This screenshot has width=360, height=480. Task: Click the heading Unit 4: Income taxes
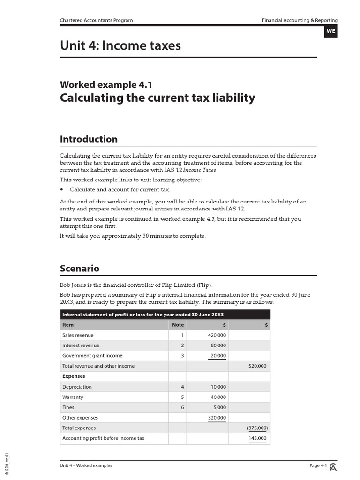pos(120,45)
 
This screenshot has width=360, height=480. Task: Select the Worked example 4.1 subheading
pos(106,85)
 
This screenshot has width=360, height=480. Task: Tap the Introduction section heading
pos(89,139)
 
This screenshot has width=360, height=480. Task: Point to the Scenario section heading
pos(80,269)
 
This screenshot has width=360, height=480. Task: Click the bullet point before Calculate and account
pos(62,190)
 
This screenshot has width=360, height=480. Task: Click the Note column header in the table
pos(178,325)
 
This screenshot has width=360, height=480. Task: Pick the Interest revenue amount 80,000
pos(218,345)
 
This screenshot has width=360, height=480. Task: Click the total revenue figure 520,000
pos(257,366)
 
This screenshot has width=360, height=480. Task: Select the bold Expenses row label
pos(74,376)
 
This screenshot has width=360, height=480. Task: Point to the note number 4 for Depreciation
pos(182,387)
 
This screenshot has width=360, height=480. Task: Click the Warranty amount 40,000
pos(218,397)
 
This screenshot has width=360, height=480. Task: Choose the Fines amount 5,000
pos(219,407)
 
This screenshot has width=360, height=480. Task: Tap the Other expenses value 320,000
pos(217,418)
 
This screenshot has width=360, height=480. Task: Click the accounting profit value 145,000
pos(257,438)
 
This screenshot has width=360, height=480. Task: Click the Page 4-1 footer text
pos(318,465)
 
